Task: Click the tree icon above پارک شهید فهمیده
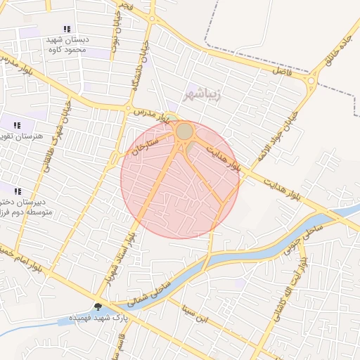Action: [98, 307]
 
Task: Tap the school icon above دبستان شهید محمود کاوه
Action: [67, 29]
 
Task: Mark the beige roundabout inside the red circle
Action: [184, 131]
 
